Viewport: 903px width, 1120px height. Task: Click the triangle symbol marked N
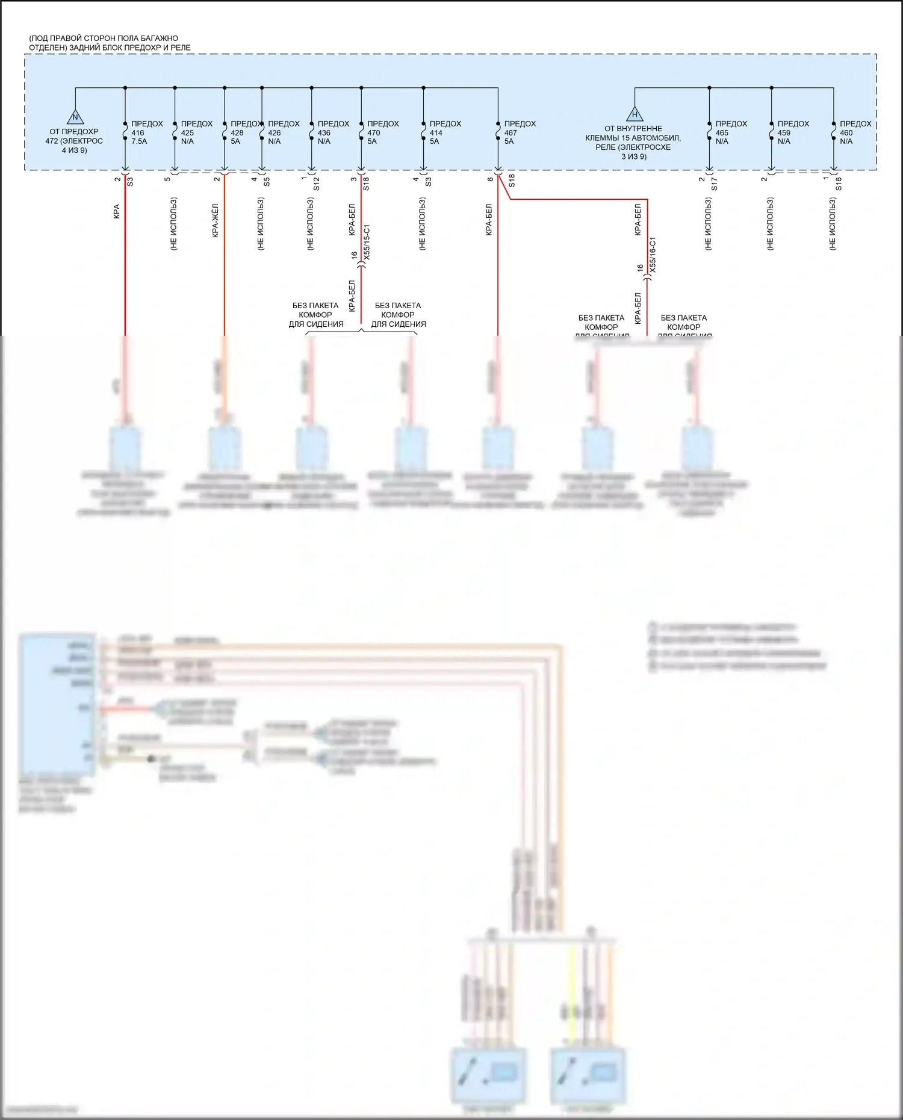(75, 117)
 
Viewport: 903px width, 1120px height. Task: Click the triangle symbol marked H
(635, 114)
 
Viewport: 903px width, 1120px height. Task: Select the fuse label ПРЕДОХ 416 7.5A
(146, 132)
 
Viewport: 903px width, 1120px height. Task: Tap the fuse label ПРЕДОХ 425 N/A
(196, 132)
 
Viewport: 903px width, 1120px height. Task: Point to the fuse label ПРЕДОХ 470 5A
(382, 132)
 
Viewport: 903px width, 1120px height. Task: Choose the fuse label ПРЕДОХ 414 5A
(445, 132)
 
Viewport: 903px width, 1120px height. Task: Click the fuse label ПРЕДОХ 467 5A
(519, 132)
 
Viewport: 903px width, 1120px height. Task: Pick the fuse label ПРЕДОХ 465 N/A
(730, 132)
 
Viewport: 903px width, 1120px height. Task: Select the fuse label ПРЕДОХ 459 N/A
(792, 132)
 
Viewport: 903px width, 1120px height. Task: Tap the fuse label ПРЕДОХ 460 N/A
(855, 132)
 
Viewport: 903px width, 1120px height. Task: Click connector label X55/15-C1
(367, 243)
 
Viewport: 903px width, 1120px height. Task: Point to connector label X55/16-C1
(653, 255)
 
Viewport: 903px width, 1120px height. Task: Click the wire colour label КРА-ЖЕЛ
(216, 221)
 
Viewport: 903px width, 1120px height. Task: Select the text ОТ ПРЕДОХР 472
(73, 136)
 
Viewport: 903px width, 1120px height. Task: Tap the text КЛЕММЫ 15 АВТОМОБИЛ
(633, 138)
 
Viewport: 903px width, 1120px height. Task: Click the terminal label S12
(317, 184)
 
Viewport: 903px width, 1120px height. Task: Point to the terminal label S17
(715, 184)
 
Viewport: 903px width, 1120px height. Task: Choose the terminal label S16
(839, 184)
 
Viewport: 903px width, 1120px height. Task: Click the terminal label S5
(267, 181)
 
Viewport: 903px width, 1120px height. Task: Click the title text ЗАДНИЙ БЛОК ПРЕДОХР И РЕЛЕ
(129, 48)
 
